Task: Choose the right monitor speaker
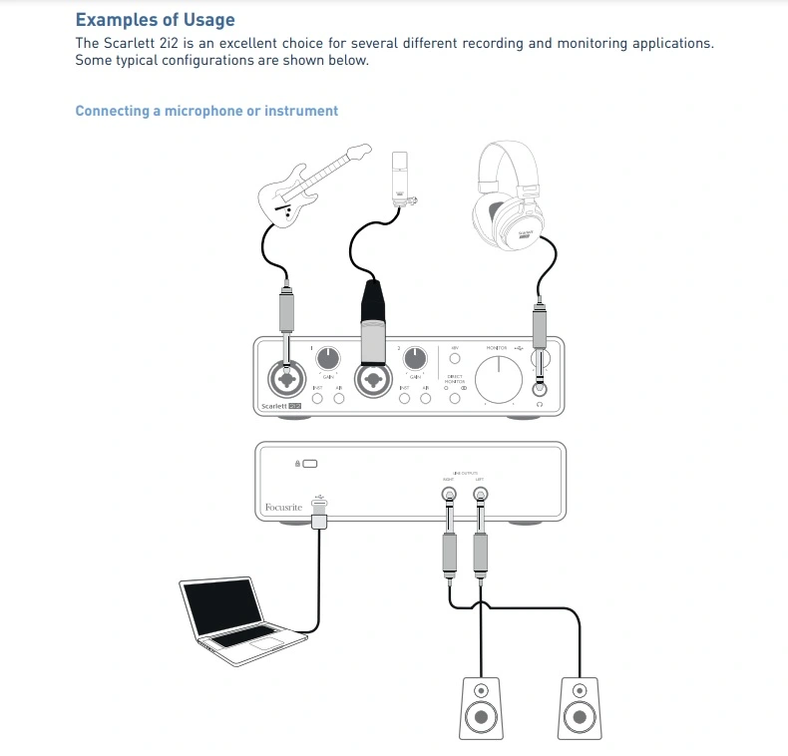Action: click(x=579, y=707)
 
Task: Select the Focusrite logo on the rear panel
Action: click(x=283, y=509)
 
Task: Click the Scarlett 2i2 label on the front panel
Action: click(x=280, y=406)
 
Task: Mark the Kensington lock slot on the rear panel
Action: click(x=310, y=464)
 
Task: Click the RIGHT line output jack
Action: click(x=451, y=493)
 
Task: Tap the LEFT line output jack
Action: click(x=481, y=493)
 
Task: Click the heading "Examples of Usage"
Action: click(x=155, y=19)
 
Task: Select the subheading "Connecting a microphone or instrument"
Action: click(x=206, y=111)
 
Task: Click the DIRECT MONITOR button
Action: click(x=455, y=399)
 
